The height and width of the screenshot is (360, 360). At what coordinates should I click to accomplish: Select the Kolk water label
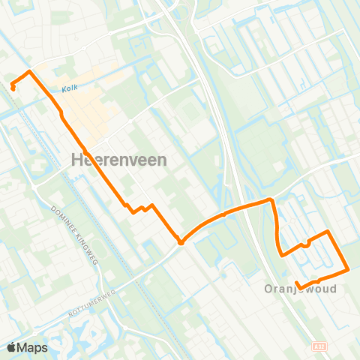[x=70, y=88]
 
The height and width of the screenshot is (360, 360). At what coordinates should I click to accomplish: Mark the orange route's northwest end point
[x=13, y=88]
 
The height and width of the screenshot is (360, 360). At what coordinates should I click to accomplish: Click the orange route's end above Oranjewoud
[x=298, y=283]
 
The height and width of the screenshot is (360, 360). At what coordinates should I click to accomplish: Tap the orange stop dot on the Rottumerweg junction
[x=181, y=241]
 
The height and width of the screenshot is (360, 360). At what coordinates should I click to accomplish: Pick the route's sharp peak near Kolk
[x=29, y=72]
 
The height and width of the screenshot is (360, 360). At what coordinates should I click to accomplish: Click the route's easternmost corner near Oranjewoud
[x=347, y=269]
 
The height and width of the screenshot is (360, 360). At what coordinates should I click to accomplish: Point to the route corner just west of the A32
[x=271, y=199]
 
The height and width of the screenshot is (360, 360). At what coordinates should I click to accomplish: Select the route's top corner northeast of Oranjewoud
[x=328, y=232]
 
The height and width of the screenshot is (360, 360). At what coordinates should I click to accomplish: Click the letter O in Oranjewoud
[x=268, y=289]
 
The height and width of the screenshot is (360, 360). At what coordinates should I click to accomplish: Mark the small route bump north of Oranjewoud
[x=306, y=243]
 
